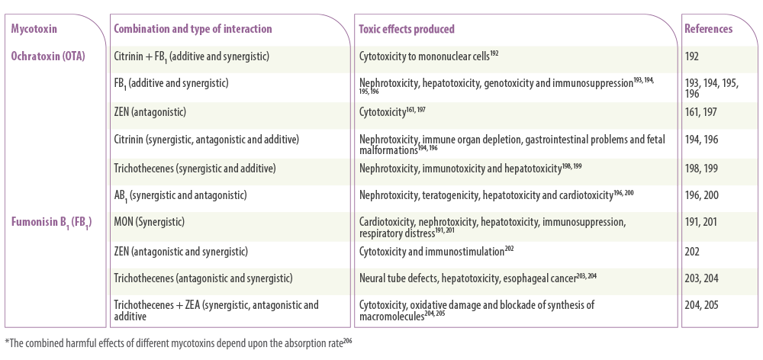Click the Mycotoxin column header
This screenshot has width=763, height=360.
click(x=34, y=29)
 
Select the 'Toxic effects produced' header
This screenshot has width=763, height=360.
click(x=407, y=29)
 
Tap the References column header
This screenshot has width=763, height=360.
click(x=708, y=29)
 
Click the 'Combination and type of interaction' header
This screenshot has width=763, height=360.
click(x=193, y=29)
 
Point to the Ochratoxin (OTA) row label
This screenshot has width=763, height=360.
click(x=48, y=56)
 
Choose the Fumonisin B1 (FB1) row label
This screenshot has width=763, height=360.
click(x=52, y=222)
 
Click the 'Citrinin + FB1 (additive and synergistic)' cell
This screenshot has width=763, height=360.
click(x=192, y=56)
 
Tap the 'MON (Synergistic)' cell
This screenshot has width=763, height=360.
click(x=150, y=222)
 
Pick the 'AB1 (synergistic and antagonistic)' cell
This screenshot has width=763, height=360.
click(x=180, y=195)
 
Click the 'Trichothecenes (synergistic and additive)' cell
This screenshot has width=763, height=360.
click(x=195, y=169)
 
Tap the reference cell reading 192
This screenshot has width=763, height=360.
click(x=691, y=56)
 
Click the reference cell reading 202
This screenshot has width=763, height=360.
click(x=692, y=252)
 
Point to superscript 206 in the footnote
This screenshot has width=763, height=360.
click(x=347, y=340)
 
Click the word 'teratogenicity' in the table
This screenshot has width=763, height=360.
click(x=451, y=195)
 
